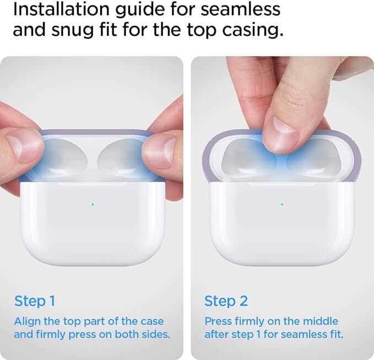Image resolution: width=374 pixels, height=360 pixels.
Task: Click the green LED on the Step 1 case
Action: point(93,204)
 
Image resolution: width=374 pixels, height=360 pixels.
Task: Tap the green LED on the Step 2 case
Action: point(282,204)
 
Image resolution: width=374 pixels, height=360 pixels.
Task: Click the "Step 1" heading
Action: point(35,301)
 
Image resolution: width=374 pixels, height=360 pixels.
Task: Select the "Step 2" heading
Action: point(226,301)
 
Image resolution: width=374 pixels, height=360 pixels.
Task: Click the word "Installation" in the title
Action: point(61,9)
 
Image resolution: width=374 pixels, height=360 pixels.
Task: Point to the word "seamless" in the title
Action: point(241,10)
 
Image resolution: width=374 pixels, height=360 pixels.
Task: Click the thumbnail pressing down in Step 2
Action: point(284,132)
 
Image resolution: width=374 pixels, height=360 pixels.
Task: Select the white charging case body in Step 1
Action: point(93,223)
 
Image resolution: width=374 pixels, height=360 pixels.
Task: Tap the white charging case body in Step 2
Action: point(282,223)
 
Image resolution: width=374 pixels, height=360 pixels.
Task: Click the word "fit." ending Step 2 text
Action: point(337,334)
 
